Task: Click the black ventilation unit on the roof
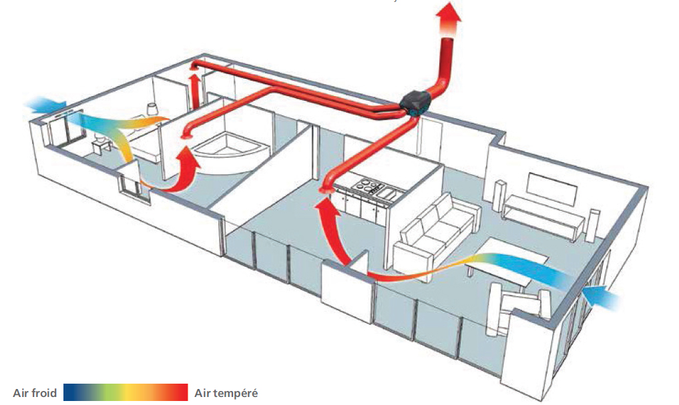click(415, 103)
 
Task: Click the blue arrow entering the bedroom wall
click(45, 105)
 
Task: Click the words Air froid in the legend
click(35, 393)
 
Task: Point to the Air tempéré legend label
click(226, 393)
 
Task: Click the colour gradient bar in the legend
click(126, 392)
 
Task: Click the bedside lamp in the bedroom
click(152, 109)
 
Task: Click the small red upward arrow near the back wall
click(196, 90)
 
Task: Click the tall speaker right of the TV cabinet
click(593, 226)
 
